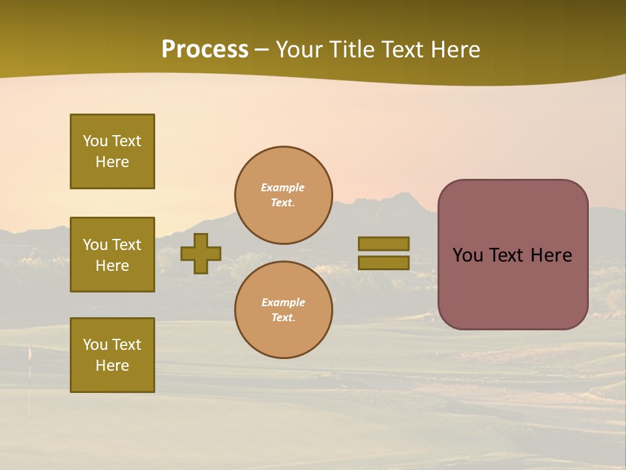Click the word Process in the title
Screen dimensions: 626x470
(x=205, y=50)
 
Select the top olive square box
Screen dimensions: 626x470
(x=112, y=151)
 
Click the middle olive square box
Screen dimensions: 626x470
(x=112, y=255)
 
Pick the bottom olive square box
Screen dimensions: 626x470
(x=112, y=355)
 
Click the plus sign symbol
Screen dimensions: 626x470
(x=201, y=253)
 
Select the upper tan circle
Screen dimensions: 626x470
(x=283, y=195)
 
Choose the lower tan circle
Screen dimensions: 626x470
(x=283, y=310)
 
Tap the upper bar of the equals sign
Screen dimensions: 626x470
(x=383, y=243)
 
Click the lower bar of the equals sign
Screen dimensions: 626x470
(x=383, y=262)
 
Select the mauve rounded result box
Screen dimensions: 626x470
(x=513, y=255)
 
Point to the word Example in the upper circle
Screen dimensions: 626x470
(x=282, y=187)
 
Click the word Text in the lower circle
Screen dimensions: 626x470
(x=282, y=318)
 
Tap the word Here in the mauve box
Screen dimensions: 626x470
(x=551, y=255)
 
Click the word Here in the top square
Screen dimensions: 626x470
(x=112, y=162)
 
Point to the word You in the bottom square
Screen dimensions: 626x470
(x=95, y=345)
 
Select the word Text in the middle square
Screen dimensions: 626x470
(x=127, y=245)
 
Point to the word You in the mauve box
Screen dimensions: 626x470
(x=468, y=255)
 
